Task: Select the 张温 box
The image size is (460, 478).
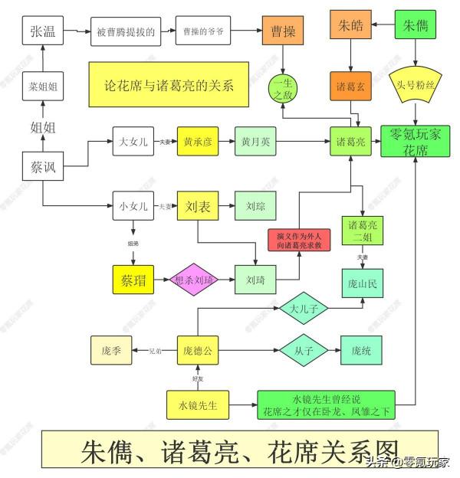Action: tap(42, 31)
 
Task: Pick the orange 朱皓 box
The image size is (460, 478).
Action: tap(350, 25)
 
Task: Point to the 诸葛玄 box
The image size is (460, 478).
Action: tap(351, 87)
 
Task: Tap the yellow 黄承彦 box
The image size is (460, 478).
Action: tap(199, 142)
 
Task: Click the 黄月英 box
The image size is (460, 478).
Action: tap(255, 142)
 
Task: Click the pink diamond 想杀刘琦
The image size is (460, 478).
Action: tap(194, 280)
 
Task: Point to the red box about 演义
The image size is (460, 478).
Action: tap(298, 240)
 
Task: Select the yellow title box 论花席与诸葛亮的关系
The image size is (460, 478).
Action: tap(170, 83)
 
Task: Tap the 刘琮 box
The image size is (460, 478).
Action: tap(255, 205)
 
